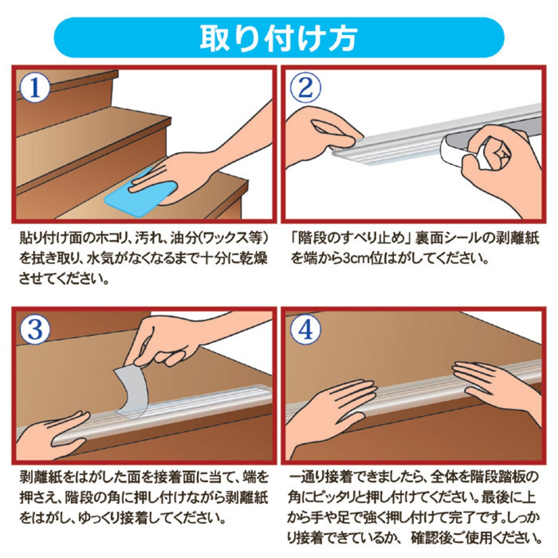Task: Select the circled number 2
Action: tap(306, 87)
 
